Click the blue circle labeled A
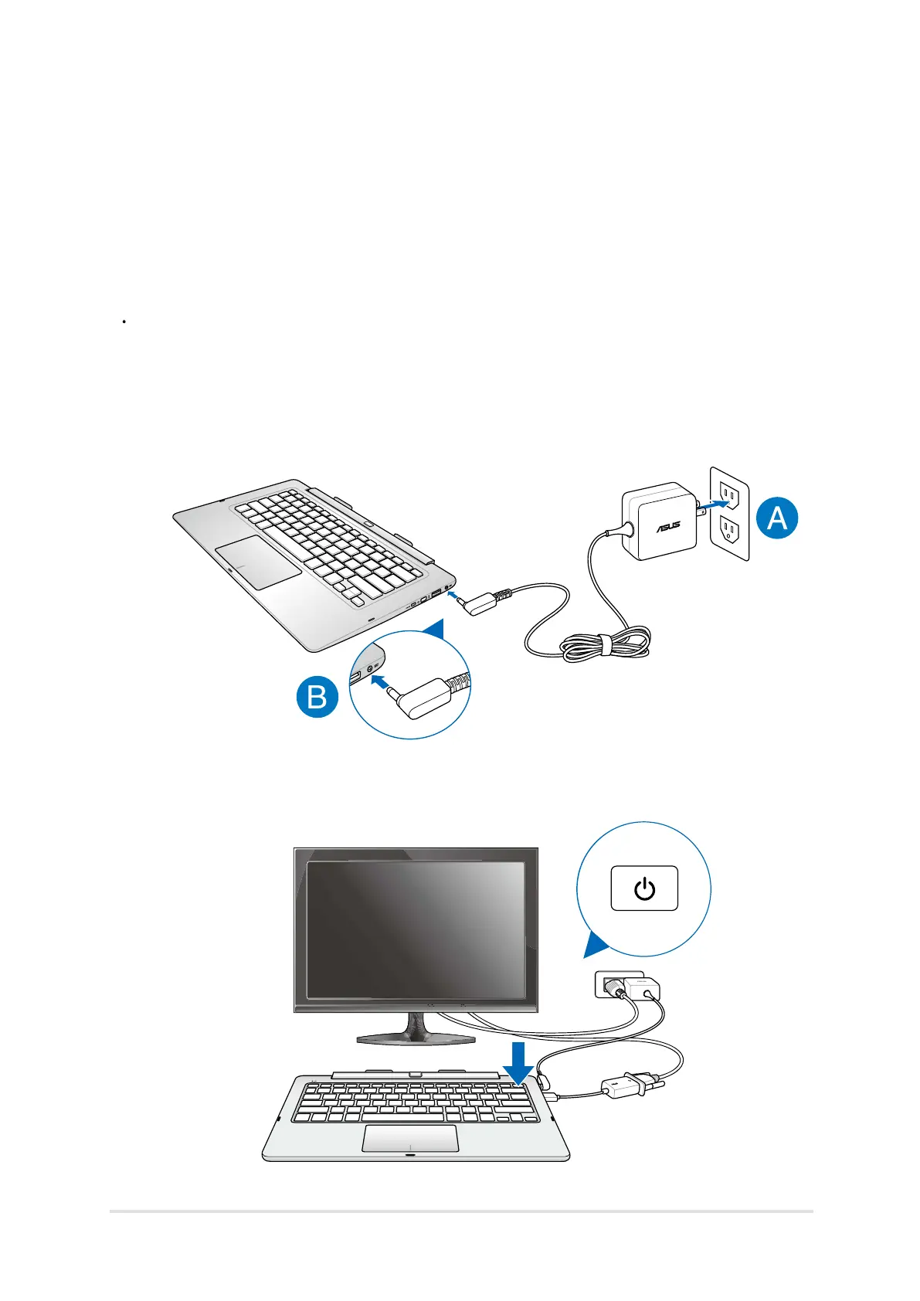776,517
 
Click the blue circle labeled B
317,697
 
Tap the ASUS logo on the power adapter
668,527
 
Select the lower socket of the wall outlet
728,529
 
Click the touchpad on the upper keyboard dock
258,562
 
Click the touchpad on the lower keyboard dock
410,1138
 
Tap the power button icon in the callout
644,888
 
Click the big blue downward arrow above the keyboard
518,1063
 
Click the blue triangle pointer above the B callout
436,629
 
